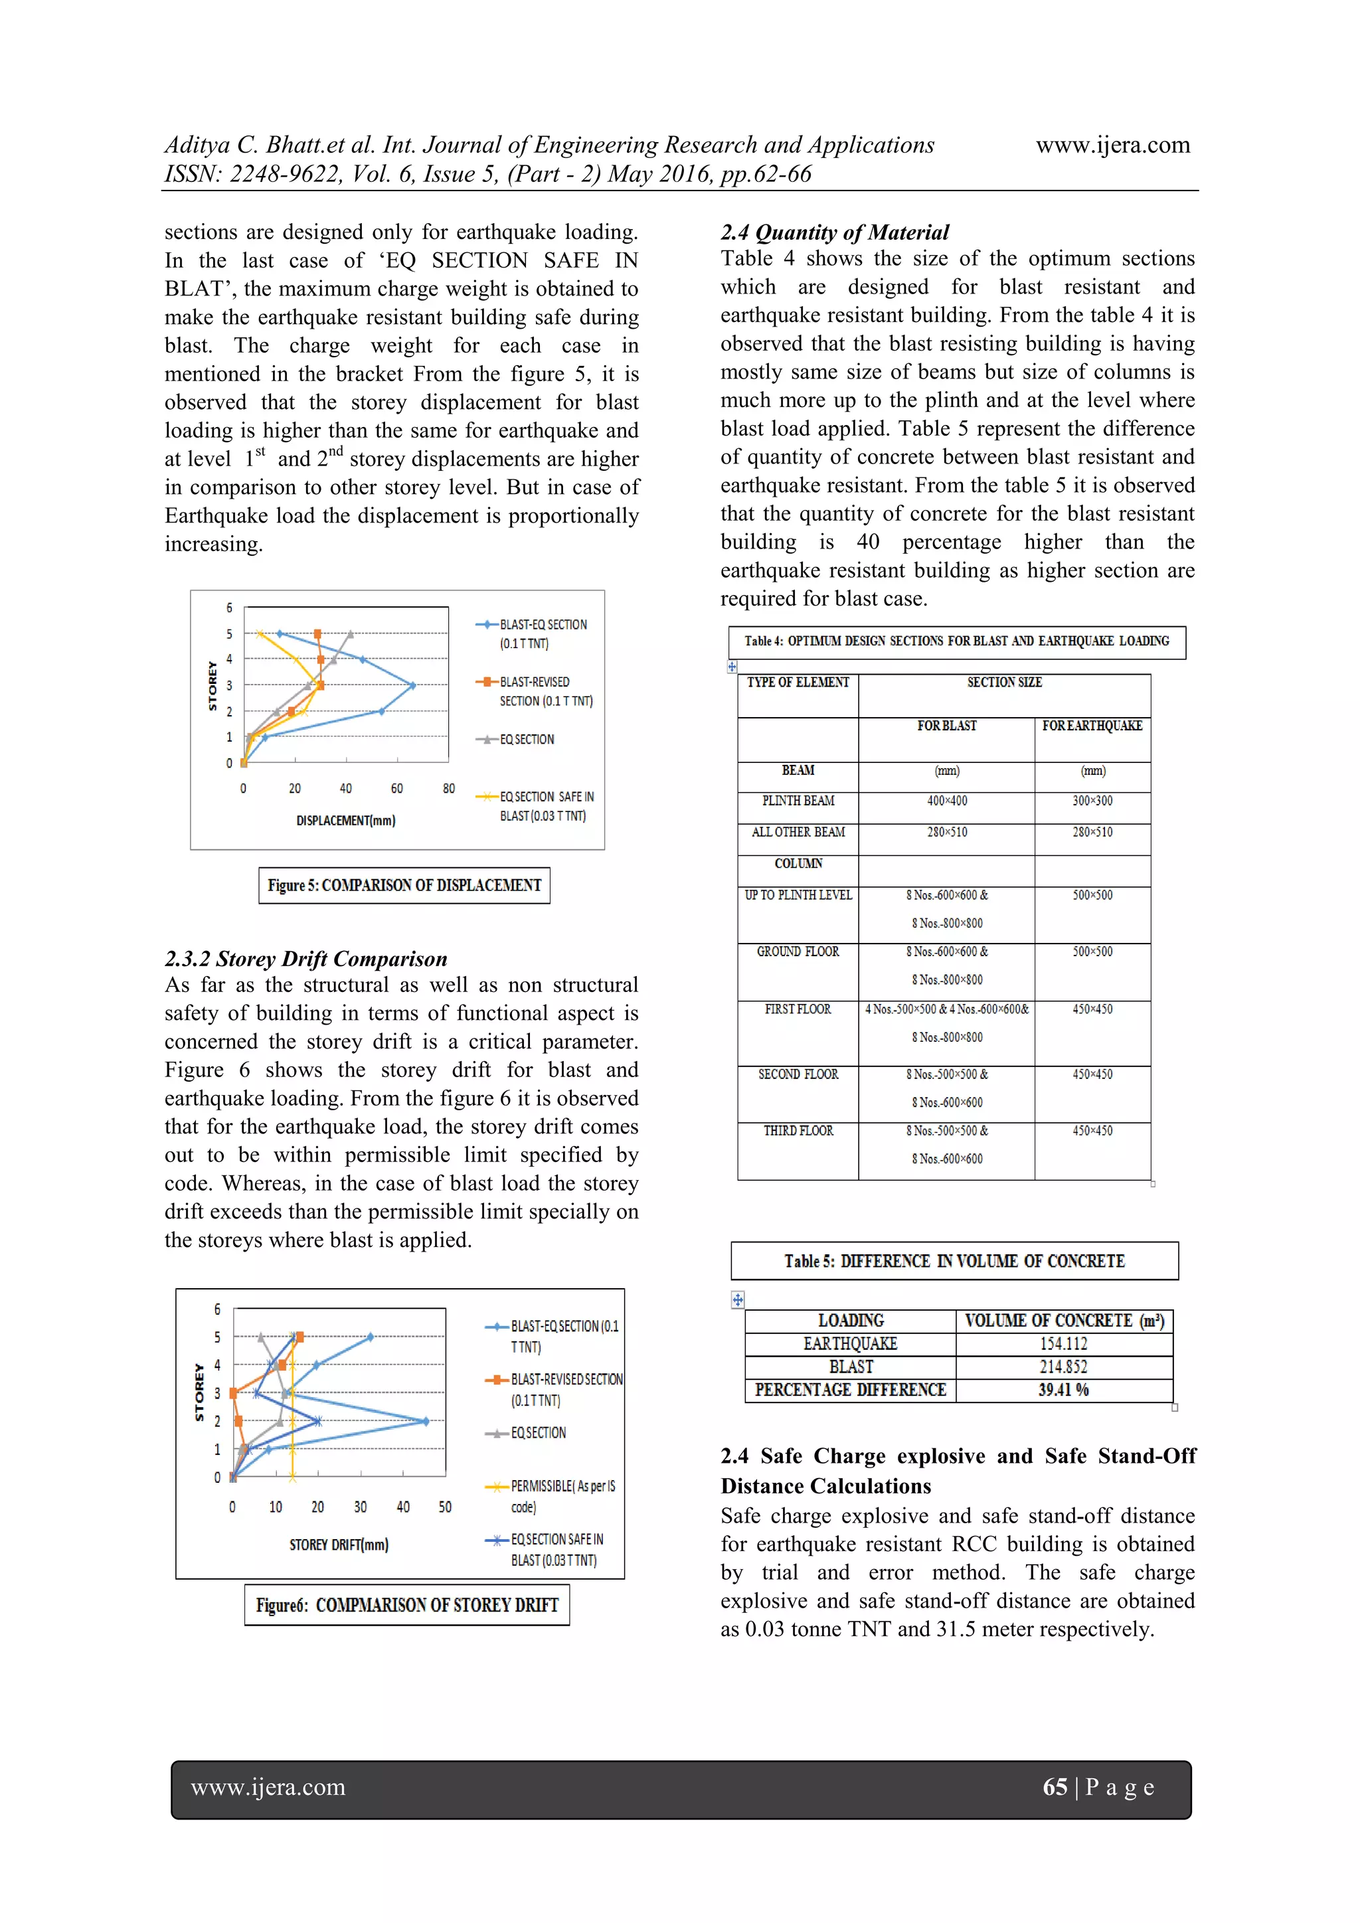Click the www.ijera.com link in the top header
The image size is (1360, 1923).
(x=1112, y=145)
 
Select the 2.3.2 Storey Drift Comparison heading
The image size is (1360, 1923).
(x=305, y=958)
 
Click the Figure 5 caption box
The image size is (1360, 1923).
(x=404, y=885)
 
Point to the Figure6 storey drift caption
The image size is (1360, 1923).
(x=407, y=1605)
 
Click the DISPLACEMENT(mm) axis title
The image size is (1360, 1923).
(x=345, y=820)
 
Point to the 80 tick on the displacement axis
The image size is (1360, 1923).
(x=449, y=788)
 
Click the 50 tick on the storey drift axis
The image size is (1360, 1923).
(x=445, y=1507)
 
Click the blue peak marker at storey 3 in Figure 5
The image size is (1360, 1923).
(x=412, y=685)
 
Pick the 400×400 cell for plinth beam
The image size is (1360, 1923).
(x=946, y=801)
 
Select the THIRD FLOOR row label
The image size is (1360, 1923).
(x=798, y=1131)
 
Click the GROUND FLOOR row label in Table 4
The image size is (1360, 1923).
(x=798, y=952)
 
